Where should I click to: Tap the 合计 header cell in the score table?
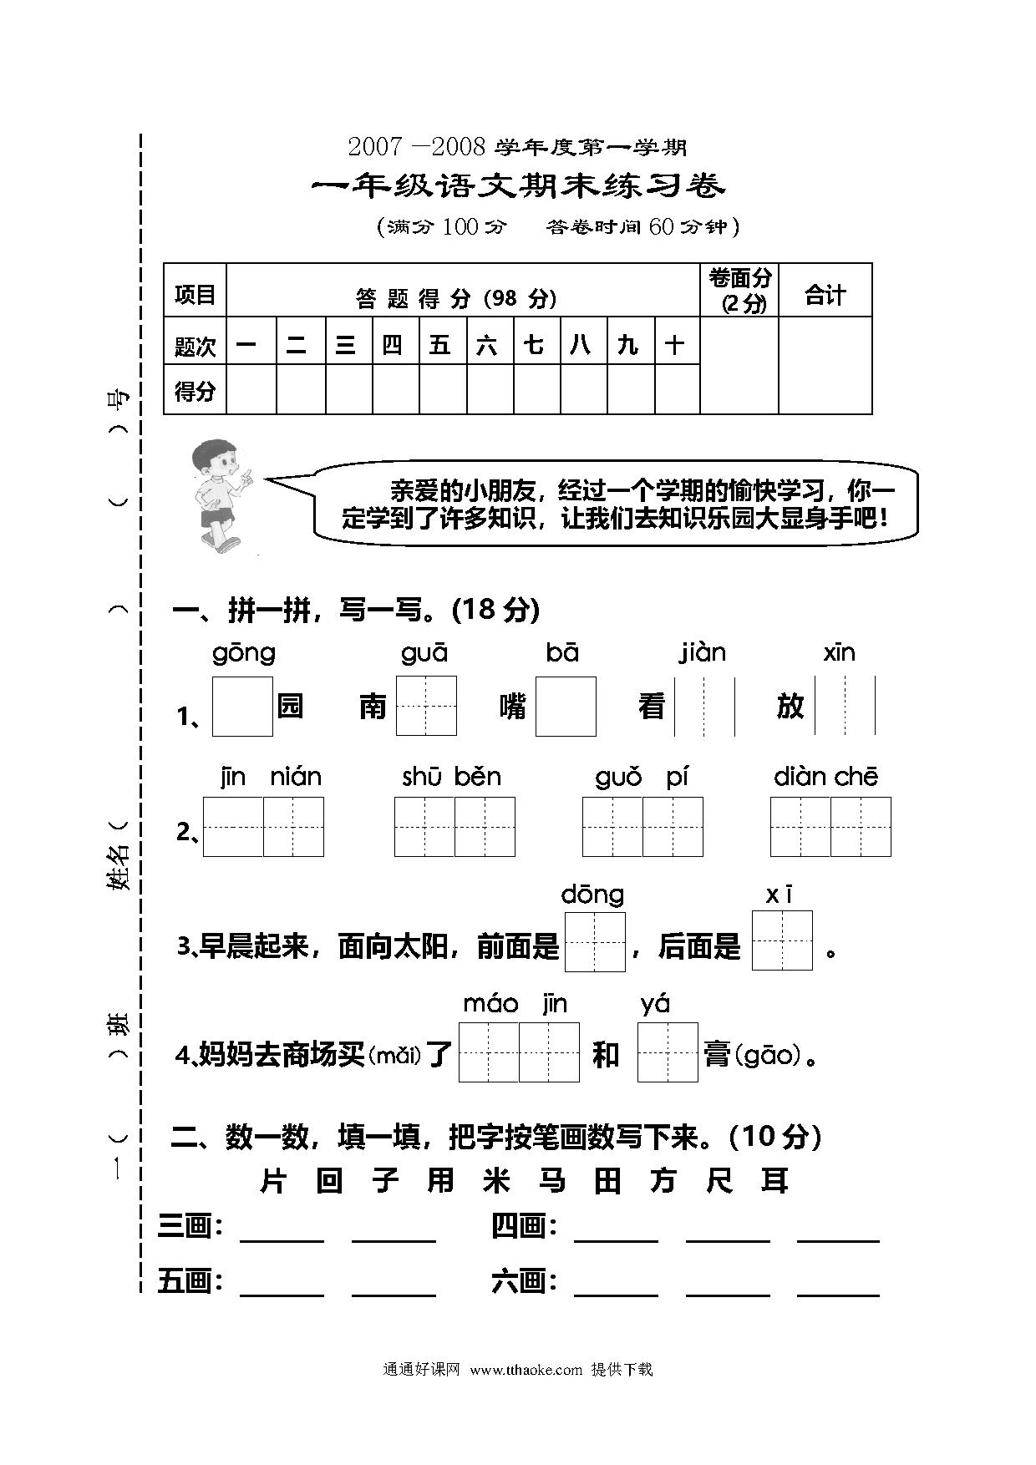point(825,290)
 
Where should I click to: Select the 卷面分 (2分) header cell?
point(739,290)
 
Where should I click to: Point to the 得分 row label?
point(195,390)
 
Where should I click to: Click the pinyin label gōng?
point(244,653)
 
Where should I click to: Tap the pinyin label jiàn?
point(702,653)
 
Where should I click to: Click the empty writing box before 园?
point(242,707)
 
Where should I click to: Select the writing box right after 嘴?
point(566,707)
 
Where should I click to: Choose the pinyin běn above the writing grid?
point(478,777)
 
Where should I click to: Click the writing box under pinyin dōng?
point(595,942)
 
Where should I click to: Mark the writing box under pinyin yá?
point(668,1052)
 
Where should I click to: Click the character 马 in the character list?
point(552,1181)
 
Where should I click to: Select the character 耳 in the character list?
point(774,1181)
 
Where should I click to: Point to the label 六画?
point(524,1281)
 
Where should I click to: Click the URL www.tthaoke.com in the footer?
point(526,1369)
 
